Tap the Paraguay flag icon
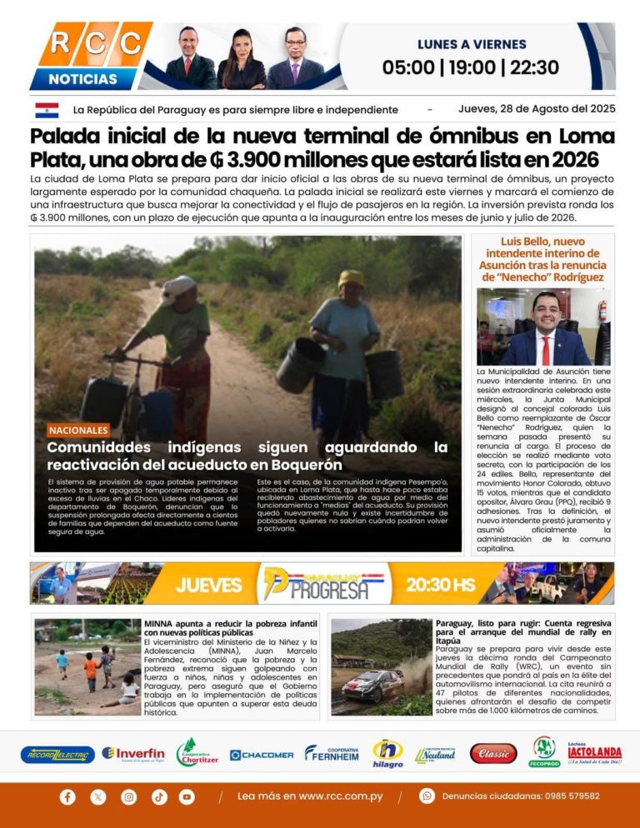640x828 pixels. point(47,110)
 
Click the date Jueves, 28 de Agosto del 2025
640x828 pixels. point(536,109)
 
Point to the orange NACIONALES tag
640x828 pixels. point(78,431)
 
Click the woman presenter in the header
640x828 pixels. point(241,60)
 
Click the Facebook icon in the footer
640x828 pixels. point(67,796)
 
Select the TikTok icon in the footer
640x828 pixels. point(158,796)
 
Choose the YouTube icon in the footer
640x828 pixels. point(187,796)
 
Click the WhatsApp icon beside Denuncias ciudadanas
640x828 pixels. point(427,796)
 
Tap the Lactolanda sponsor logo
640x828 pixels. point(595,753)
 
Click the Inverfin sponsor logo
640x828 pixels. point(133,754)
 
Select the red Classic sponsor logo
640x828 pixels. point(493,754)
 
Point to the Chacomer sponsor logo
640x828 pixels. point(262,755)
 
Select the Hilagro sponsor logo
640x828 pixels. point(387,753)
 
